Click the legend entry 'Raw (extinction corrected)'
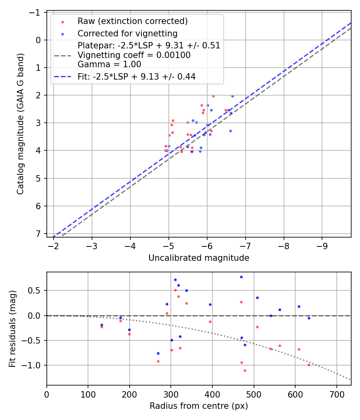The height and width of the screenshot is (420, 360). [132, 21]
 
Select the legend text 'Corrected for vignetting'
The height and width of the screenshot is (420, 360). [127, 33]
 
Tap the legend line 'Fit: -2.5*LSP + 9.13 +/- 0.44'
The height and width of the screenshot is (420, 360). [136, 76]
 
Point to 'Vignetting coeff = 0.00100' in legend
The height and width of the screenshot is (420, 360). [134, 55]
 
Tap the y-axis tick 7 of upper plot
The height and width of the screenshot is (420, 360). [38, 234]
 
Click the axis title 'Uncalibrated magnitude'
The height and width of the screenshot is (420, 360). [199, 258]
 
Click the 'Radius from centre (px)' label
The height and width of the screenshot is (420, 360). [199, 406]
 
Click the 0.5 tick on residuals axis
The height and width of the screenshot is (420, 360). [35, 290]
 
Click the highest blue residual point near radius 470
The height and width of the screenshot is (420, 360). [241, 277]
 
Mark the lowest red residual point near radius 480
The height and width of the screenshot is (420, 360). [245, 370]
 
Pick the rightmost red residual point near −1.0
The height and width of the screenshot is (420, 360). [309, 365]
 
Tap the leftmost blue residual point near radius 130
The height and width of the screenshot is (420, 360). [102, 325]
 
